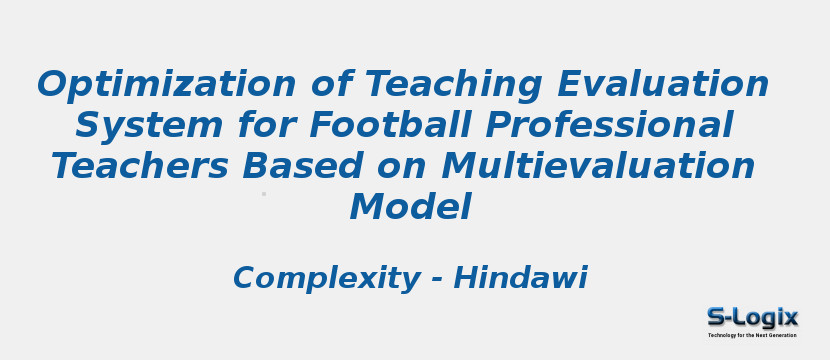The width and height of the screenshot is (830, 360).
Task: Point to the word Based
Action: point(300,167)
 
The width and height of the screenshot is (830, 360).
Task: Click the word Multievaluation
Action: point(598,167)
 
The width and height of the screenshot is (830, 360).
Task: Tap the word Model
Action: point(410,208)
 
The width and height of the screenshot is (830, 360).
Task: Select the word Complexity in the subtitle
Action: point(326,278)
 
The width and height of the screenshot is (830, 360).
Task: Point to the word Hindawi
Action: point(520,278)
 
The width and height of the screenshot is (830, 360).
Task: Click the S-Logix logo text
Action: point(753,318)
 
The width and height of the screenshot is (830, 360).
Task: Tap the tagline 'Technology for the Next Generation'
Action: point(753,335)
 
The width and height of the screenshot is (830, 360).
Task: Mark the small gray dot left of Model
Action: point(264,194)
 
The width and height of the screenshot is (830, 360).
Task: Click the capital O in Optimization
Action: point(55,86)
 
